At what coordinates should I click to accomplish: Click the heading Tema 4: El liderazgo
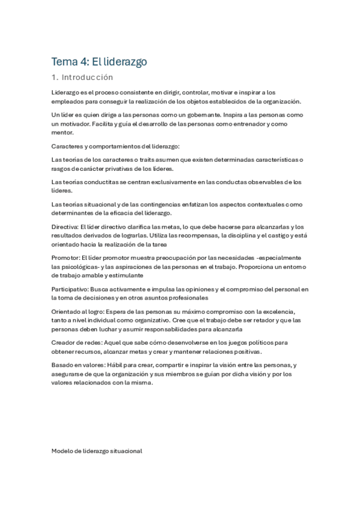(99, 61)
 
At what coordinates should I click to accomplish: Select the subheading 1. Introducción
(82, 78)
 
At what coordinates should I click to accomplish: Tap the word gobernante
(204, 114)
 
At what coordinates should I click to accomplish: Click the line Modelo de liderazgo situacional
(97, 450)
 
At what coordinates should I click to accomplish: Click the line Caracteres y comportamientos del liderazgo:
(111, 146)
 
